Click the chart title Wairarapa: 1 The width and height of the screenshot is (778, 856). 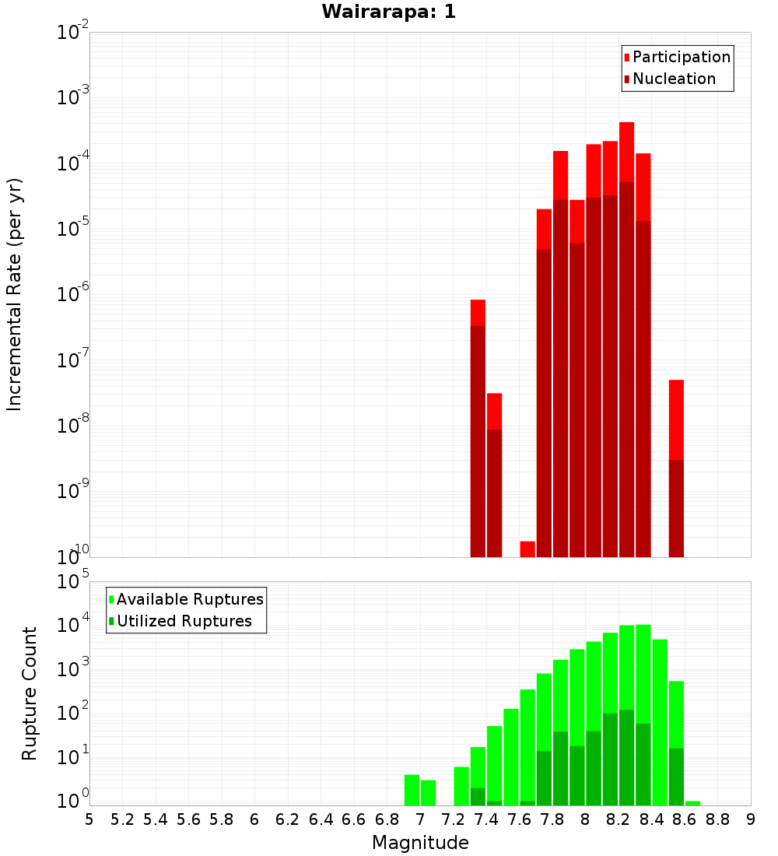coord(389,12)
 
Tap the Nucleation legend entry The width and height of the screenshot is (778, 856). coord(673,79)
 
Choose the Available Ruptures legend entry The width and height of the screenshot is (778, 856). coord(189,599)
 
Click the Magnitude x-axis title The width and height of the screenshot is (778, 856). coord(420,843)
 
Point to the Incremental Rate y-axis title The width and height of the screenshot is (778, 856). coord(14,295)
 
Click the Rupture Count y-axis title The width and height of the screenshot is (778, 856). coord(30,693)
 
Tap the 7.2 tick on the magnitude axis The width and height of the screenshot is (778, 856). coord(454,819)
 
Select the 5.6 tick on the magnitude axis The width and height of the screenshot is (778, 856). coord(189,819)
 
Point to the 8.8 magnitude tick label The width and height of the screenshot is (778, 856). coord(718,819)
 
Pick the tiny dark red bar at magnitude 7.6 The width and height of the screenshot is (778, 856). coord(527,549)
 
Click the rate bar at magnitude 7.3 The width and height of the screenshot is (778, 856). coord(478,428)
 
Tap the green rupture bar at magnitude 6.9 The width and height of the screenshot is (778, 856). coord(412,789)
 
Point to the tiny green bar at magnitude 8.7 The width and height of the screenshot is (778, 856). coord(692,802)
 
